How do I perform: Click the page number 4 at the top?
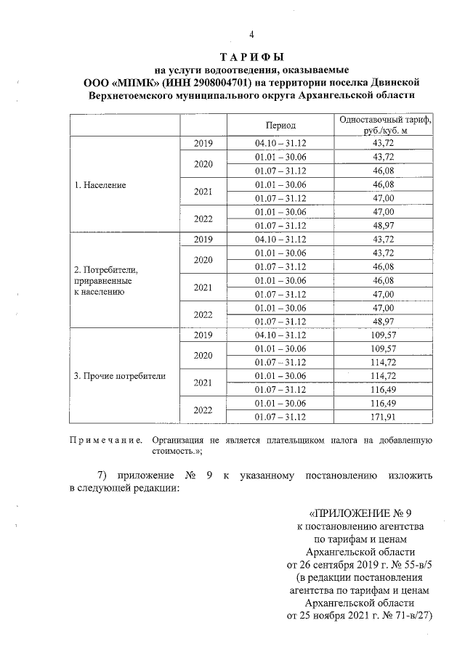(251, 34)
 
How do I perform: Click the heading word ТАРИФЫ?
(251, 57)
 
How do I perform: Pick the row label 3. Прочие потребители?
(120, 376)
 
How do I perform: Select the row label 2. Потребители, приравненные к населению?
(106, 281)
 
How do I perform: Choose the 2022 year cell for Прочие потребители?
(203, 409)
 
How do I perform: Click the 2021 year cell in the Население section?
(203, 192)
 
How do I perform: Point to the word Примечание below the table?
(105, 440)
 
